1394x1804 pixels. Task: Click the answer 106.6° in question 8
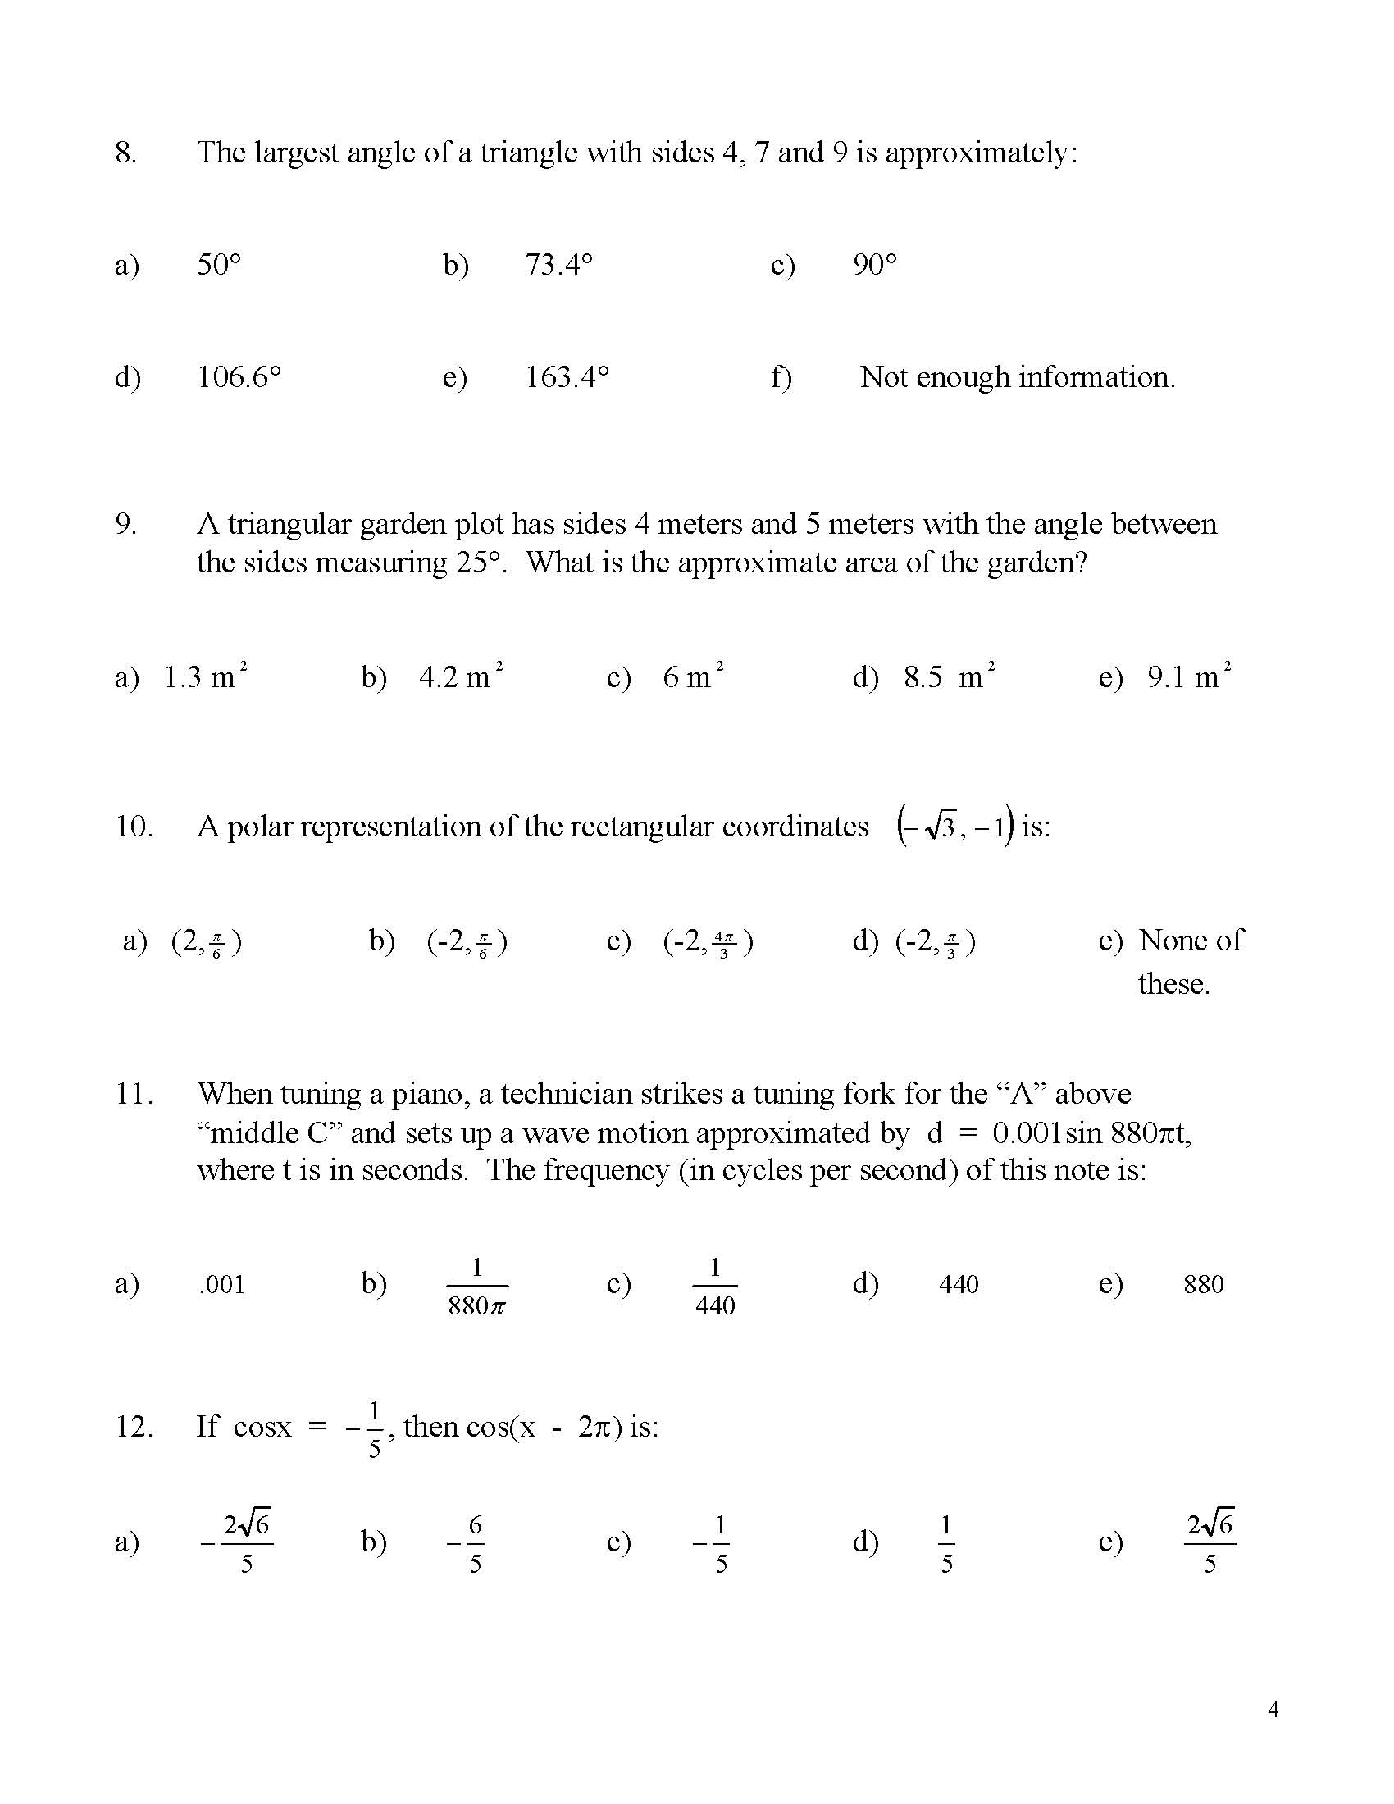click(x=239, y=377)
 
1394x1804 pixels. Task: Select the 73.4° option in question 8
click(x=558, y=265)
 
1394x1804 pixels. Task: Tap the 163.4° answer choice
click(x=567, y=377)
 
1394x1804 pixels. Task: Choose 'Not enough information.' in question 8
click(x=1017, y=377)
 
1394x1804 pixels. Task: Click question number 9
click(x=125, y=524)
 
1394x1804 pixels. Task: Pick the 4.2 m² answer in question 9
click(x=461, y=676)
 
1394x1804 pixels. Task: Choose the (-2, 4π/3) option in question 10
click(x=708, y=941)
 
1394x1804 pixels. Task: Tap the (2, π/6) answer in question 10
click(x=206, y=941)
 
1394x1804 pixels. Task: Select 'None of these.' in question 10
click(x=1189, y=961)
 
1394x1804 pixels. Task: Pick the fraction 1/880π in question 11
click(x=476, y=1286)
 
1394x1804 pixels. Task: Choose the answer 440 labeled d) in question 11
click(x=958, y=1284)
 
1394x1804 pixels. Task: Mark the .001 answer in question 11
click(x=221, y=1284)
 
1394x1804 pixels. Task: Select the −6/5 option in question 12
click(x=467, y=1542)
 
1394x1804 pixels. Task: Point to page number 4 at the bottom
click(x=1273, y=1709)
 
